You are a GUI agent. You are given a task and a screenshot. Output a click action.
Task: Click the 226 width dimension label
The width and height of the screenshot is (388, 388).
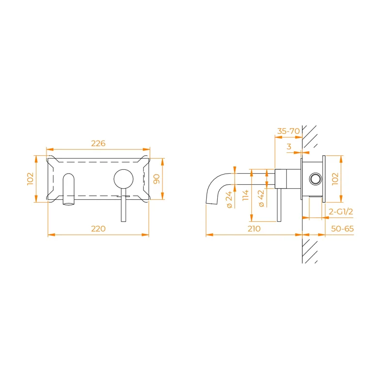[98, 143]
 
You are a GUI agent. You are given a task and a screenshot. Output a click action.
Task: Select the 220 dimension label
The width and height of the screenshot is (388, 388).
[98, 228]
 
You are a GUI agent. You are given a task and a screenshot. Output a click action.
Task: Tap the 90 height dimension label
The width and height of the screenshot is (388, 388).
[157, 179]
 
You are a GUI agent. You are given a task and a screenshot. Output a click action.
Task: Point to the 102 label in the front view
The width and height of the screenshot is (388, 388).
[30, 178]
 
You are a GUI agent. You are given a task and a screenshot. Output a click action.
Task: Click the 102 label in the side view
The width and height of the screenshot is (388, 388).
[335, 178]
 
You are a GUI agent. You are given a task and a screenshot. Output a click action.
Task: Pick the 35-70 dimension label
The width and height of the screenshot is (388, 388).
[288, 131]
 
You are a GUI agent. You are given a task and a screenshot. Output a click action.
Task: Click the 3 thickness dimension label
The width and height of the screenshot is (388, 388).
[289, 146]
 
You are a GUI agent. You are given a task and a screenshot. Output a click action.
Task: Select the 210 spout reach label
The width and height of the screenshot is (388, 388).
[254, 228]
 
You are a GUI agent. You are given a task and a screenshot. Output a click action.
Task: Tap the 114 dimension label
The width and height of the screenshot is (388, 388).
[245, 195]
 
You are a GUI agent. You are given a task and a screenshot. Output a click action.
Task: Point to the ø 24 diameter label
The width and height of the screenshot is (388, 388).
[229, 199]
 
